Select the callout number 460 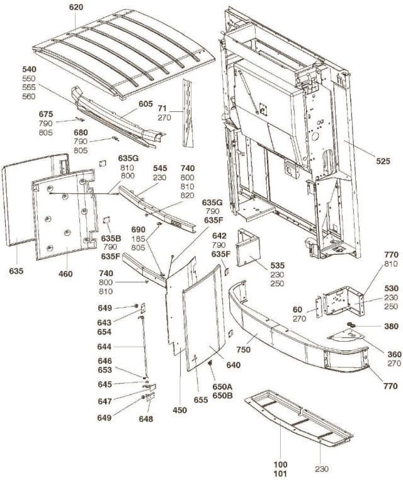click(x=65, y=274)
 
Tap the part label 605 click(x=145, y=103)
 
